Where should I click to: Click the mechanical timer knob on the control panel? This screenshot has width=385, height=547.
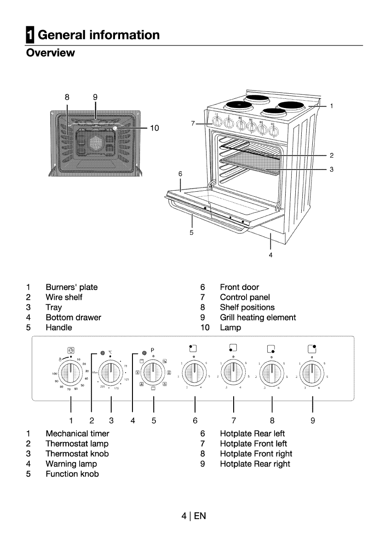[70, 370]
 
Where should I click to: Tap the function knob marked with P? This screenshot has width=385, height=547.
[153, 370]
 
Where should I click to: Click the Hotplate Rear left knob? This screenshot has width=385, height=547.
[195, 370]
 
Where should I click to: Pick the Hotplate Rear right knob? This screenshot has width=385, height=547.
[312, 370]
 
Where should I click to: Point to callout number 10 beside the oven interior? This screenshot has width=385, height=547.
[154, 128]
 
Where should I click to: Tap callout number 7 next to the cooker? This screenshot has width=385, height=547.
[193, 123]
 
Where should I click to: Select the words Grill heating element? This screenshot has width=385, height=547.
[258, 318]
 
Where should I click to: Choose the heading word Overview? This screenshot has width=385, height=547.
[51, 53]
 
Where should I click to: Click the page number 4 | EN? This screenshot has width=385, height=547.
[194, 516]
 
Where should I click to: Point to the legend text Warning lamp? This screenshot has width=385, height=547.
[71, 464]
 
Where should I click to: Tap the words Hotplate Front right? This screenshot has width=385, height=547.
[256, 454]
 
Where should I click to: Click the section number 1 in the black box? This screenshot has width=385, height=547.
[29, 34]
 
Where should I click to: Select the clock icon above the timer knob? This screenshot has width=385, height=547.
[70, 350]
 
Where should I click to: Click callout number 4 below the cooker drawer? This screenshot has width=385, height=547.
[270, 255]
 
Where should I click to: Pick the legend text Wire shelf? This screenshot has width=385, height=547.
[64, 297]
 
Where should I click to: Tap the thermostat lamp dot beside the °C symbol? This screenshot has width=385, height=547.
[103, 353]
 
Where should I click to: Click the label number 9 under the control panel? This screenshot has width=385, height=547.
[312, 420]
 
